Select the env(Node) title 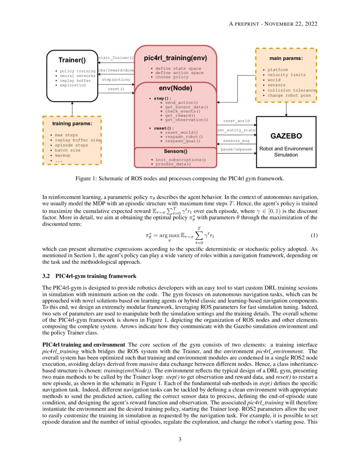pos(175,88)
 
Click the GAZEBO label pos(286,136)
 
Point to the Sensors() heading pos(175,151)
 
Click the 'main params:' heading pos(286,58)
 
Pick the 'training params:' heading pos(72,124)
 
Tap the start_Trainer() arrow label pos(116,58)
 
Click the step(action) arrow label pos(116,79)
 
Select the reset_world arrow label pos(236,121)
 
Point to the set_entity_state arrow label pos(236,130)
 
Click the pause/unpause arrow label pos(236,150)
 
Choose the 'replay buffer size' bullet pos(78,140)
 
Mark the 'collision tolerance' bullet pos(292,90)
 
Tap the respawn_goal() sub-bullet pos(183,141)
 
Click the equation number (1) pos(314,235)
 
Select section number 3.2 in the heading pos(47,277)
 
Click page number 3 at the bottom pos(180,439)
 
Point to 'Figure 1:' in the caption pos(86,178)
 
